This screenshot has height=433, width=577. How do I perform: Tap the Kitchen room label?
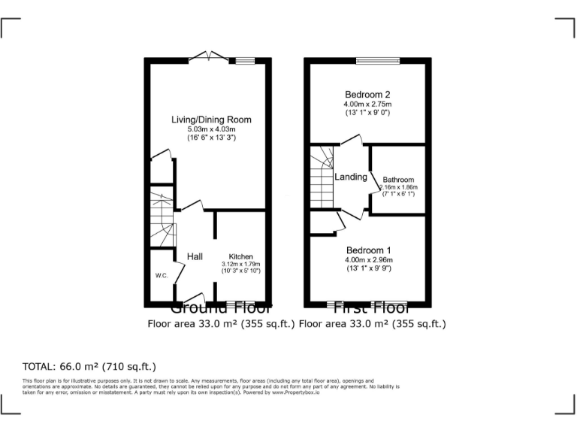[240, 256]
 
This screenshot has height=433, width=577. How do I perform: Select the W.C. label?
[161, 275]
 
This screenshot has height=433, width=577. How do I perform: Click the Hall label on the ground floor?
[195, 257]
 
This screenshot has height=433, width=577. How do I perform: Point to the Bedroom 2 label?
[368, 94]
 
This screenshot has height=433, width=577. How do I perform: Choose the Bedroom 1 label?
[368, 250]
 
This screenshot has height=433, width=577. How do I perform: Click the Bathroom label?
[398, 180]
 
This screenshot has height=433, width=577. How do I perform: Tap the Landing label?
[351, 177]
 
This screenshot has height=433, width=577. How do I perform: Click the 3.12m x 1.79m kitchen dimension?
[240, 265]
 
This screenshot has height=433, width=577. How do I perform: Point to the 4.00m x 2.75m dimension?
[368, 104]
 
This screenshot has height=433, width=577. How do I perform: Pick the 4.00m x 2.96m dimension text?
[368, 259]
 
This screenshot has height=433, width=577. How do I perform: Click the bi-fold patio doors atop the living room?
[210, 56]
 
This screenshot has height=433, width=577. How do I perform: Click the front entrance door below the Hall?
[195, 298]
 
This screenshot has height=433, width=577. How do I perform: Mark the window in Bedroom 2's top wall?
[369, 60]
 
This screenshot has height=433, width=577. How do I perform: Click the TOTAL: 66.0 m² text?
[89, 367]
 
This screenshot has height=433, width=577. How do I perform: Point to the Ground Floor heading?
[221, 308]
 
